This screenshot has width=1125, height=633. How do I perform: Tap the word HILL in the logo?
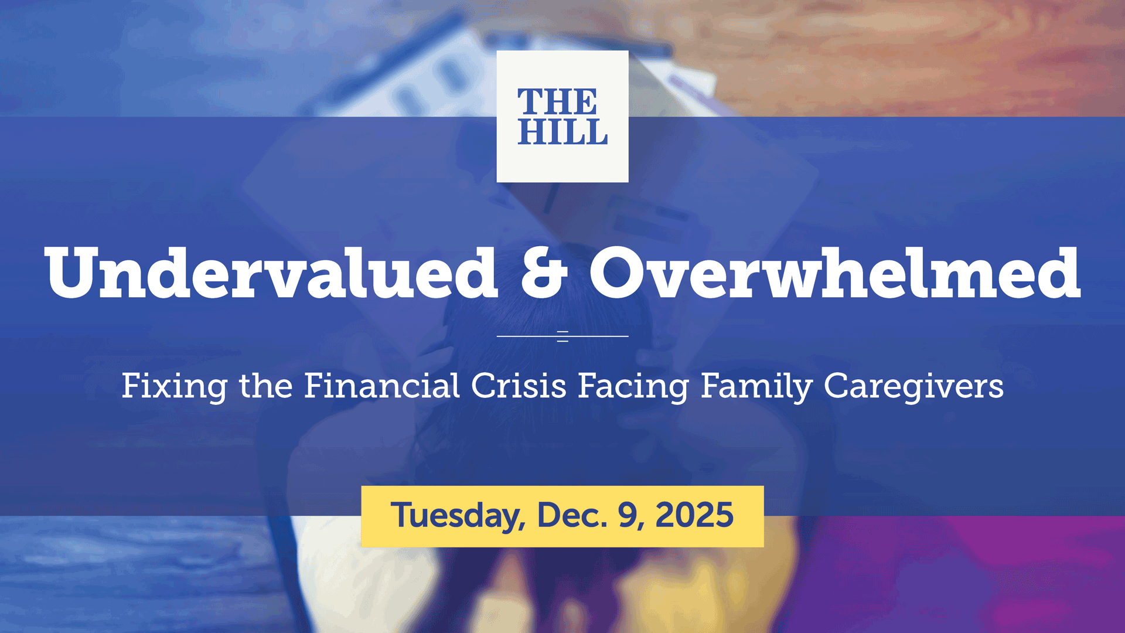[x=562, y=132]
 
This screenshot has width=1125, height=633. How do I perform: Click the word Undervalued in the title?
[x=271, y=273]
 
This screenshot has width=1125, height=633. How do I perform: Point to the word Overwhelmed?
[x=834, y=273]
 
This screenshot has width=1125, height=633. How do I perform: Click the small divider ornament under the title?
[x=562, y=336]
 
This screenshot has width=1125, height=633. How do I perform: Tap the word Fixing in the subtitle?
[x=174, y=387]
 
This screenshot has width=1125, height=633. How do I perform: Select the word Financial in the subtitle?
[x=381, y=386]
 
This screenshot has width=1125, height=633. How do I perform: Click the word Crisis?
[x=519, y=386]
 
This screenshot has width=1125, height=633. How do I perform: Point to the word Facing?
[x=633, y=387]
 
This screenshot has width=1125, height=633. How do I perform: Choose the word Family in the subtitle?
[x=756, y=387]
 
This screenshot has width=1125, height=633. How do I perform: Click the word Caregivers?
[x=913, y=387]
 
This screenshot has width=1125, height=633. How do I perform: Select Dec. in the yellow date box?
[x=572, y=515]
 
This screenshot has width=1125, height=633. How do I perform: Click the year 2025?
[x=694, y=515]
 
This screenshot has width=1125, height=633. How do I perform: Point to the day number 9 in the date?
[x=629, y=515]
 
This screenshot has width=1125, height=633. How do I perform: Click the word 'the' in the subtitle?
[x=265, y=386]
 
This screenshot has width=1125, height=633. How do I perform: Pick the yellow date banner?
[x=562, y=516]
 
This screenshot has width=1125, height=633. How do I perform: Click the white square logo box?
[x=562, y=116]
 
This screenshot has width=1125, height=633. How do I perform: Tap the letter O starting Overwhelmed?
[x=617, y=273]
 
